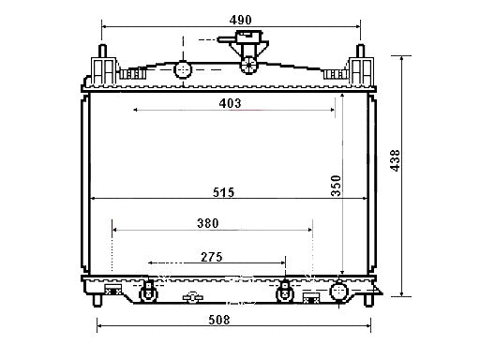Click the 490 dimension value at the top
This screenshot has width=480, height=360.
click(240, 21)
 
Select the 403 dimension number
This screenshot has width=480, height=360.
click(230, 103)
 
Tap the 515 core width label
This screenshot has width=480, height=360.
click(223, 192)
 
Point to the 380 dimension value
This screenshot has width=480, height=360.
click(208, 223)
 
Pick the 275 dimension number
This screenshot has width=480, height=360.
click(212, 257)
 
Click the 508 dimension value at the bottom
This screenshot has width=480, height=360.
click(219, 320)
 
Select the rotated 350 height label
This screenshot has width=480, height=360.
click(336, 186)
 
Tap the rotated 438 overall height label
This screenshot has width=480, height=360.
click(395, 160)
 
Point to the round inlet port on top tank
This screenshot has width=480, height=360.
click(183, 69)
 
